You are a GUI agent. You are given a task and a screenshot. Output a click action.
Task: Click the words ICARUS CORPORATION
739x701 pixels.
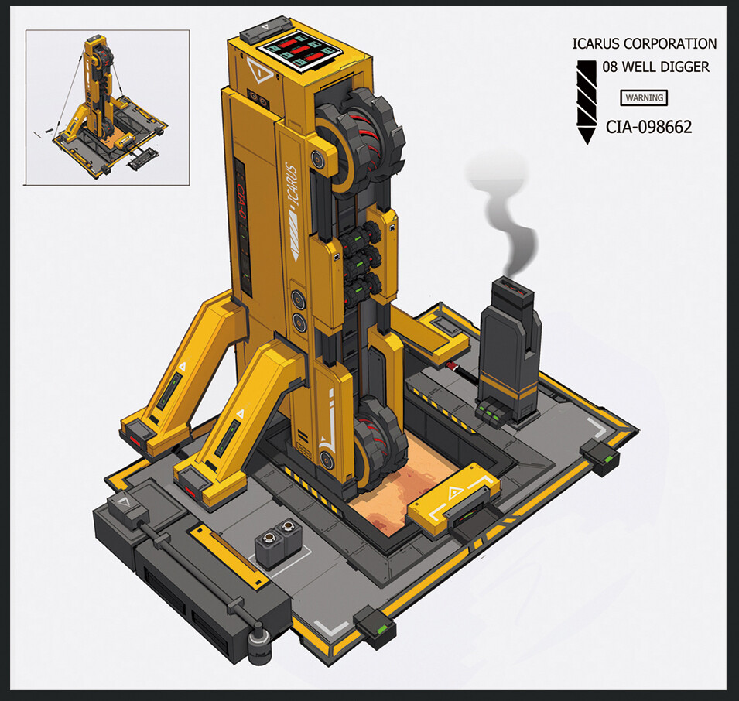click(644, 44)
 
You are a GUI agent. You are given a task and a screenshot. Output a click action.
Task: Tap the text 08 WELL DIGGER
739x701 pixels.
click(655, 67)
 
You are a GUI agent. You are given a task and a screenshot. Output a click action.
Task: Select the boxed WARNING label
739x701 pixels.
click(644, 98)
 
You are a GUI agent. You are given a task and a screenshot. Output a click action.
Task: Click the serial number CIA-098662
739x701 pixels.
click(648, 126)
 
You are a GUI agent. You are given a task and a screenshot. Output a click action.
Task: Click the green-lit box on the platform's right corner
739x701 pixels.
click(600, 457)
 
